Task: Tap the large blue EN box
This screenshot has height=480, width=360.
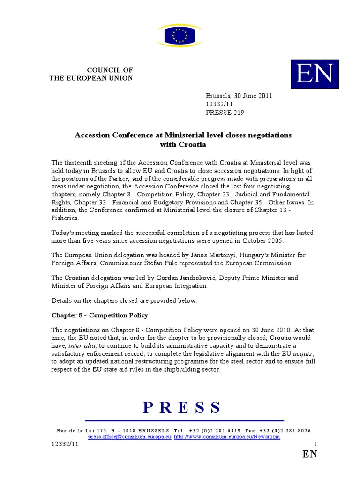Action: [x=315, y=74]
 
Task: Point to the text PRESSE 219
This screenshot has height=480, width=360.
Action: [x=225, y=112]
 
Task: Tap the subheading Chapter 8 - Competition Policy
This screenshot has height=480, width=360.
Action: [x=99, y=315]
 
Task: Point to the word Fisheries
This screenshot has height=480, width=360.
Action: [x=66, y=218]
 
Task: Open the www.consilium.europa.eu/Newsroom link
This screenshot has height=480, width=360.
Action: [x=227, y=436]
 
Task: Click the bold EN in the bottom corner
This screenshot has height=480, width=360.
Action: [x=310, y=454]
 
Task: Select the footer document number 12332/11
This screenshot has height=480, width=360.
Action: [x=65, y=443]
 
